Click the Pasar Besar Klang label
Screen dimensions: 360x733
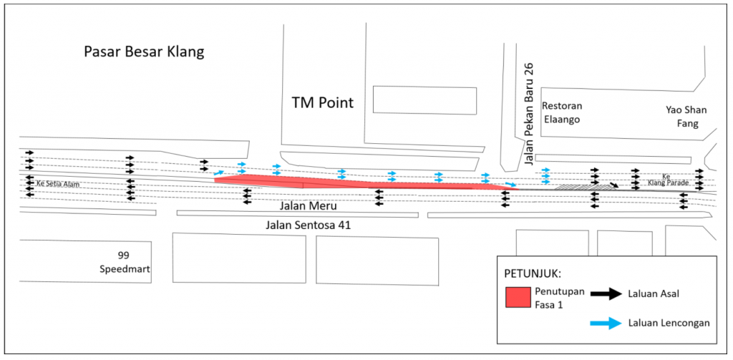point(144,52)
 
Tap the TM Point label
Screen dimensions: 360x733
point(322,102)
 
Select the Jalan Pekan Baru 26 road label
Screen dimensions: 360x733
point(529,115)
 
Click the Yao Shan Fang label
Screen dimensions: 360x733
point(686,116)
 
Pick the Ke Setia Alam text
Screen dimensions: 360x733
point(57,184)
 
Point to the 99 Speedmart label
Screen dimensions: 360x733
point(126,262)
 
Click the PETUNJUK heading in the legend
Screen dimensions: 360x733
point(534,274)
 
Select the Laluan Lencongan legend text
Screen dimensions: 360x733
point(669,323)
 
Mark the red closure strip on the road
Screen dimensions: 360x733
point(358,183)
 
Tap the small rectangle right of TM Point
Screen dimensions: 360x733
point(424,100)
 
